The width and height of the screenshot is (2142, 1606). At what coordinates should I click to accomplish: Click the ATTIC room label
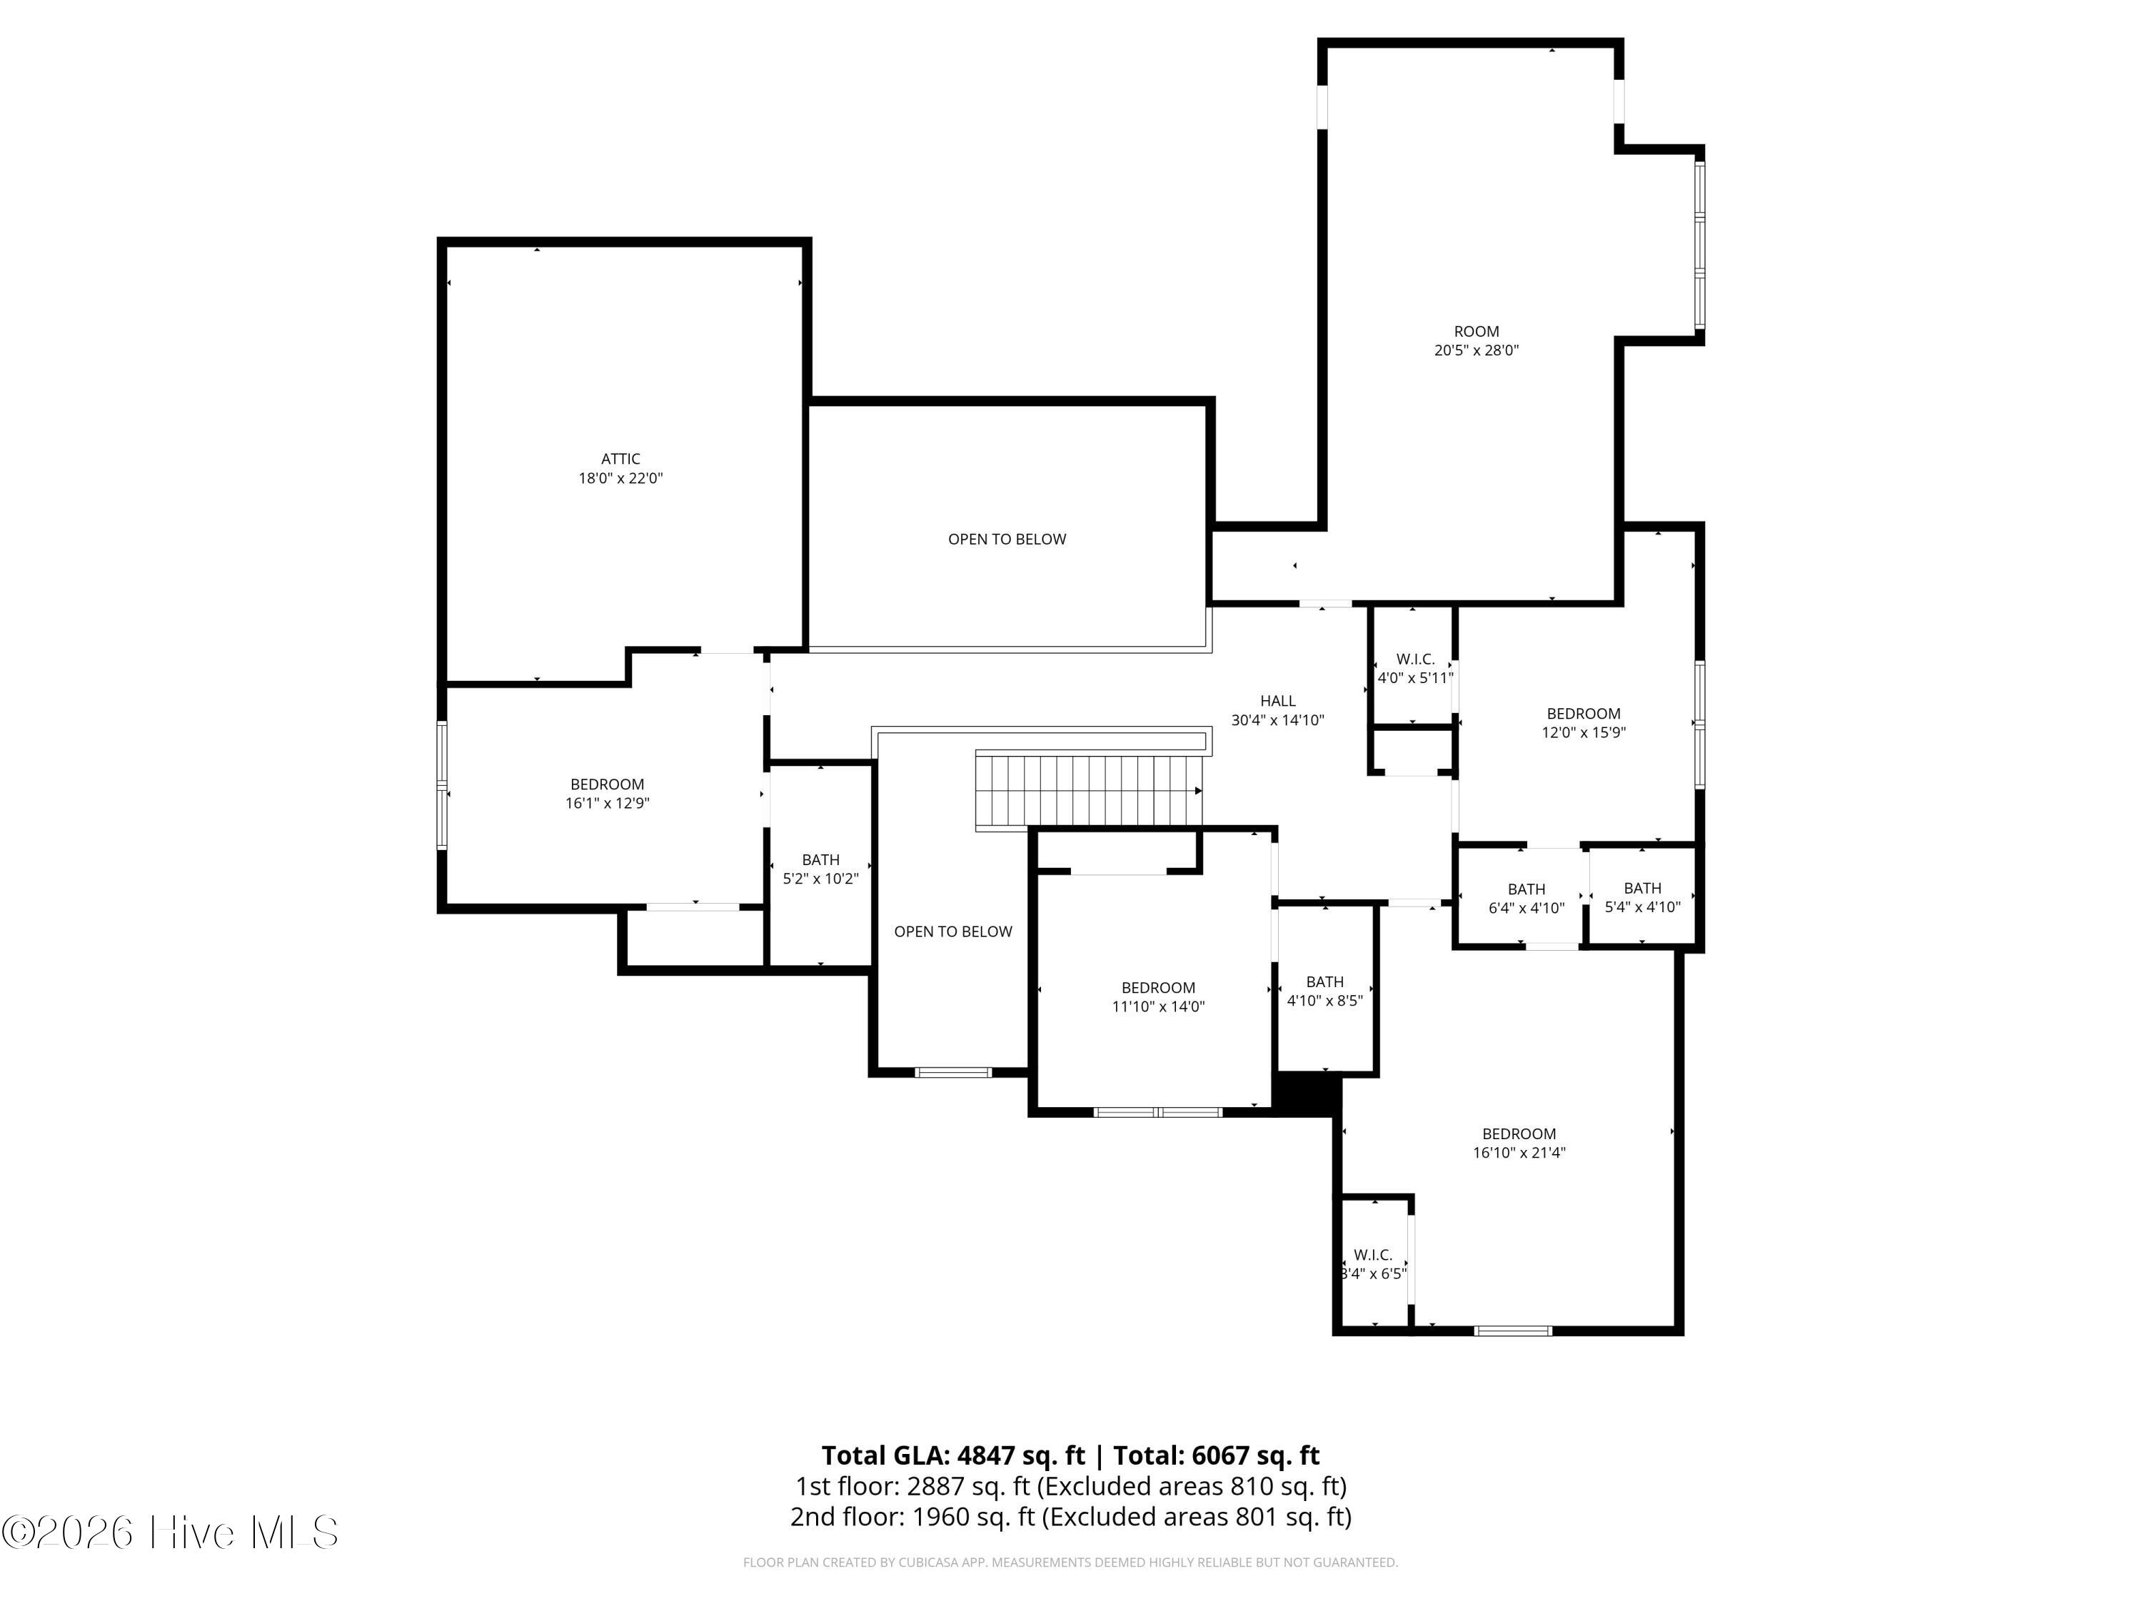(x=620, y=459)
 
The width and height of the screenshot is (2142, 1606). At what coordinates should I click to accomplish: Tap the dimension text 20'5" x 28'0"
(x=1476, y=350)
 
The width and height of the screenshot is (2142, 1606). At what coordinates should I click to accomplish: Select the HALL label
(x=1277, y=701)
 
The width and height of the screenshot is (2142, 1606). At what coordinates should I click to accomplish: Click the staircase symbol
(x=1090, y=792)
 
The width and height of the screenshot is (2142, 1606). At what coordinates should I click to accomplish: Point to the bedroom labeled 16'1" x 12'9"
(x=607, y=794)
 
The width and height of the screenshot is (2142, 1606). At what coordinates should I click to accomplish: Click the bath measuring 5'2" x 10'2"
(x=820, y=869)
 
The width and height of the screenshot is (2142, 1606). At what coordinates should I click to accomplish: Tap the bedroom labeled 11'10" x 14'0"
(x=1158, y=997)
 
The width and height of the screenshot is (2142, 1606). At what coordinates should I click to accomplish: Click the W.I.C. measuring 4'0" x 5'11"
(x=1414, y=668)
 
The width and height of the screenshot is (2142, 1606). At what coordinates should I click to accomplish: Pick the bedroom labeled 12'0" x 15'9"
(x=1583, y=723)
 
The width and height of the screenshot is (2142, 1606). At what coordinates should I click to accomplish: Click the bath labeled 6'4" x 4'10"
(x=1526, y=899)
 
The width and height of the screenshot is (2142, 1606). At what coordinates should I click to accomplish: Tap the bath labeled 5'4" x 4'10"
(x=1642, y=897)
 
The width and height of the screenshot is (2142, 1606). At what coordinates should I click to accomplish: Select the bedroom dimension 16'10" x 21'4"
(x=1519, y=1152)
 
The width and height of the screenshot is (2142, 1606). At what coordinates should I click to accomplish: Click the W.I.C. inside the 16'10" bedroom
(x=1373, y=1263)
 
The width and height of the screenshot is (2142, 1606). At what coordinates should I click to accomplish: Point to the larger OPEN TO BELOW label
(x=1007, y=539)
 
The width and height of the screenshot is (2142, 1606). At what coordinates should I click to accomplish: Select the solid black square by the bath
(x=1307, y=1094)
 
